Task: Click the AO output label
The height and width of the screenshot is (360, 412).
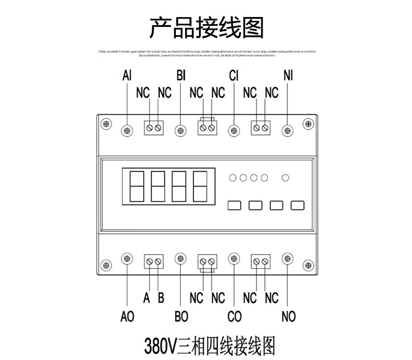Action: point(127,317)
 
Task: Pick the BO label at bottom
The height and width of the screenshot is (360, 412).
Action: point(181,317)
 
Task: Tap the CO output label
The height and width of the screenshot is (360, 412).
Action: point(235,317)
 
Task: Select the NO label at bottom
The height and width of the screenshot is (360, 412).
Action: point(288,317)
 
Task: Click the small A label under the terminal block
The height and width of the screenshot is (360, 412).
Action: point(147,299)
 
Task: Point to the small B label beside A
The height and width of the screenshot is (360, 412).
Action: point(161,299)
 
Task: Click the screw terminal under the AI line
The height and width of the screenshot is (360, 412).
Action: point(127,130)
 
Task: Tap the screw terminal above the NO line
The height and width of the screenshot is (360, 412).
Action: point(287,258)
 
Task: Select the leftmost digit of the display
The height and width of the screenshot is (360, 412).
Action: point(135,187)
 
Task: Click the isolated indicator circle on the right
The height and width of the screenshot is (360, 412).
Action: point(285,177)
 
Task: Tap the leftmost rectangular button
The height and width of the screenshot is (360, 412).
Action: point(235,206)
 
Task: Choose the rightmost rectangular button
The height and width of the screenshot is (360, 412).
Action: point(297,206)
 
